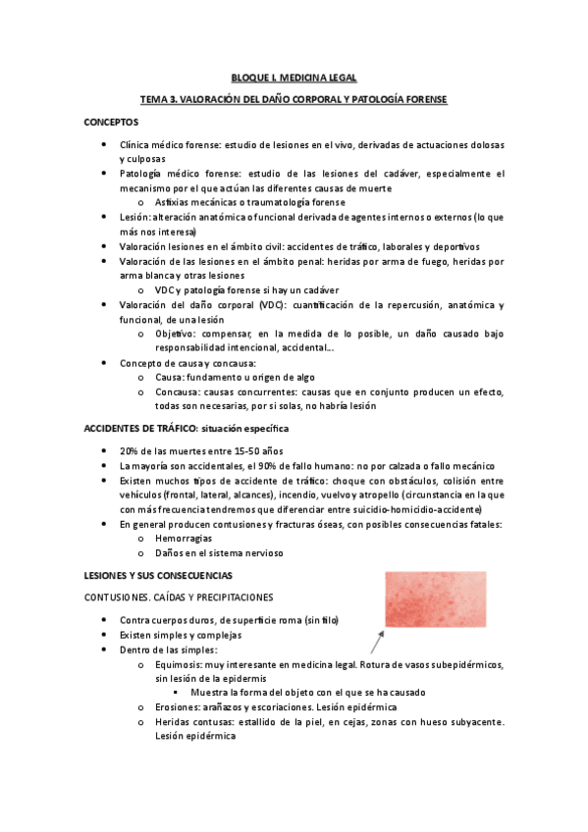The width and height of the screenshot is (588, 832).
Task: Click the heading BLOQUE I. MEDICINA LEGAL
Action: coord(294,77)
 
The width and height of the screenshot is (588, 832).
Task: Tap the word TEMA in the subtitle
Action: coord(154,99)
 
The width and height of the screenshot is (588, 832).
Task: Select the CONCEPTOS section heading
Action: coord(111,122)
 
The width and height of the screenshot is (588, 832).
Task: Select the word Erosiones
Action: coord(177,706)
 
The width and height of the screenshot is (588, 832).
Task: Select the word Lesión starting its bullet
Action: coord(134,216)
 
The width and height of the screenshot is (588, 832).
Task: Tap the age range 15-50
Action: coord(227,450)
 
